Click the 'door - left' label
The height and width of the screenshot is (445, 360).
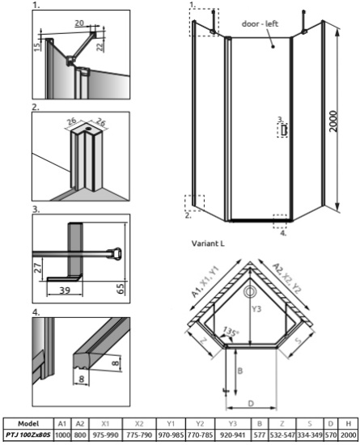point(260,24)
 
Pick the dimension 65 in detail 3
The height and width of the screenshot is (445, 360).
point(121,287)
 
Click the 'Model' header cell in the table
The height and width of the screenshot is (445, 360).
point(28,422)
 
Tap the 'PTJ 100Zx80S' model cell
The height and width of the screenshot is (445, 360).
point(28,434)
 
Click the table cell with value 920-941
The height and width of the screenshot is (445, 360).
point(232,434)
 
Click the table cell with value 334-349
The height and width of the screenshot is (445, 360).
point(311,434)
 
